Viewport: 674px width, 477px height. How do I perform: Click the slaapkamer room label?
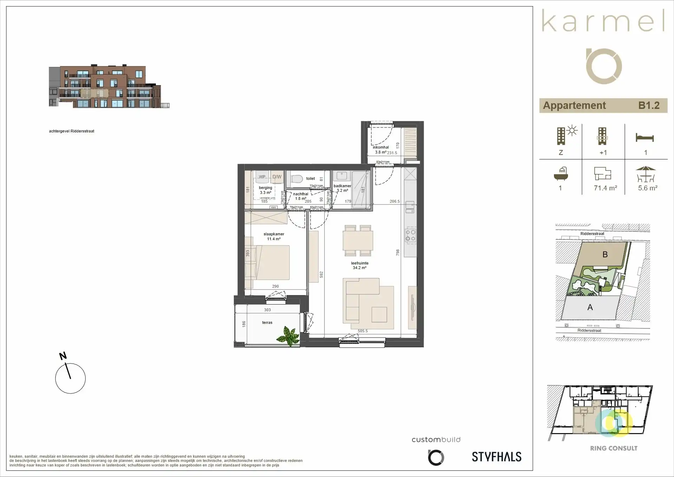click(274, 234)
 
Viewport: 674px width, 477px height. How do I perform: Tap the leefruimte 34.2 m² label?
click(359, 266)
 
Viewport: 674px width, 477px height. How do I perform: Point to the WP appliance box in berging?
click(262, 177)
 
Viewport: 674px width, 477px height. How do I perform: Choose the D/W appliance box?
click(277, 177)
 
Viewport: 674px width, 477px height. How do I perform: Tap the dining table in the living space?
click(358, 241)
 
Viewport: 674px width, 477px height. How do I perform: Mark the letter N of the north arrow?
click(63, 356)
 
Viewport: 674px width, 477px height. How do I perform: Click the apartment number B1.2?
click(649, 105)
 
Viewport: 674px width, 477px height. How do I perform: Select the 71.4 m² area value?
click(605, 188)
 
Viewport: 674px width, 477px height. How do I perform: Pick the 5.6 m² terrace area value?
click(648, 188)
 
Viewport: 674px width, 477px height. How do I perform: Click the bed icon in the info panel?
click(645, 138)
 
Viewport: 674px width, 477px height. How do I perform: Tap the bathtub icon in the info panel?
click(561, 174)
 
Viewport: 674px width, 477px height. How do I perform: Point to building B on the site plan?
click(605, 254)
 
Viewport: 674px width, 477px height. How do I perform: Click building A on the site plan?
click(590, 307)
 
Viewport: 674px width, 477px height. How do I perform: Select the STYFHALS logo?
click(496, 457)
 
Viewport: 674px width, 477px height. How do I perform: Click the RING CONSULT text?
click(614, 448)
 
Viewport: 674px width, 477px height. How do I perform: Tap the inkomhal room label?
click(381, 148)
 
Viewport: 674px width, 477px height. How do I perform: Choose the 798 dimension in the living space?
click(398, 252)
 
